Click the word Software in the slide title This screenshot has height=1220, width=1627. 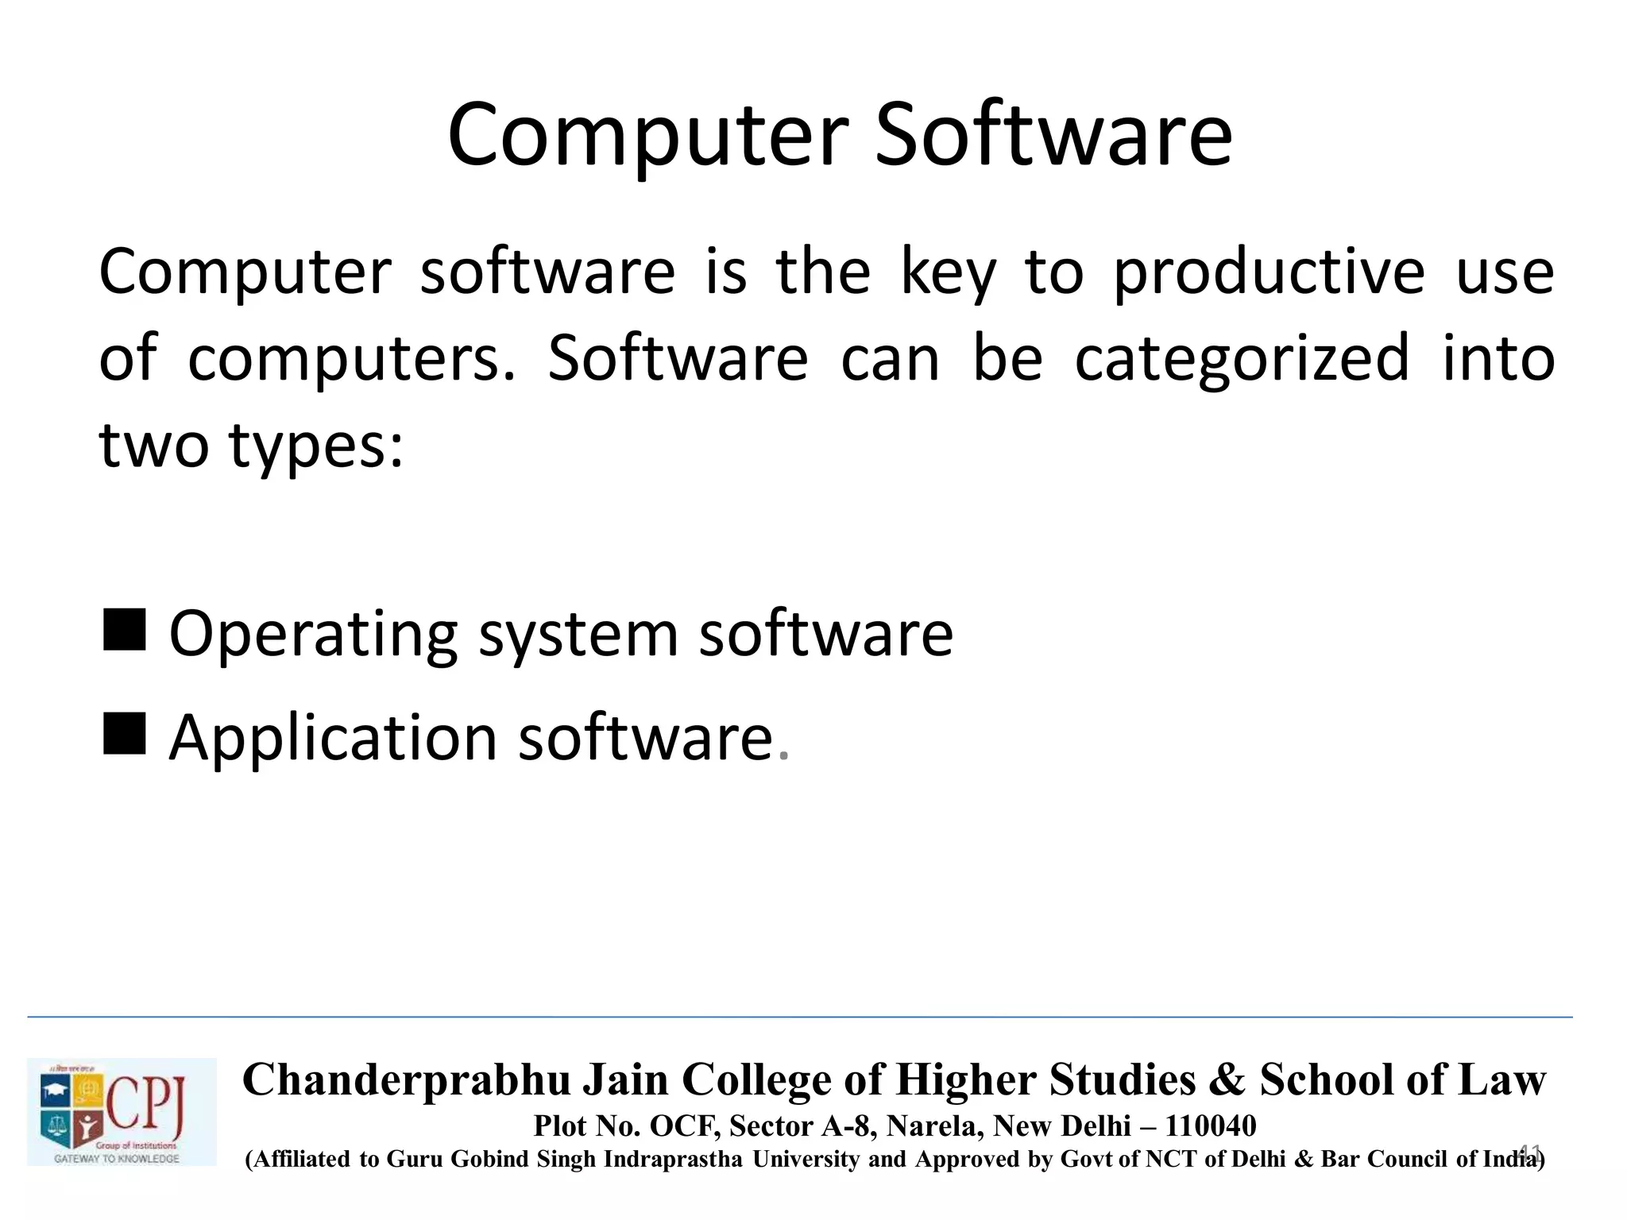tap(1053, 135)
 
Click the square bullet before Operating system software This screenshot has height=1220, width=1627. tap(125, 630)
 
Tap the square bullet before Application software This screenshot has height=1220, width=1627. tap(125, 732)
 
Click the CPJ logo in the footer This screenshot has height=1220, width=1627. tap(122, 1112)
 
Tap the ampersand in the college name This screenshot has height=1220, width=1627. tap(1227, 1080)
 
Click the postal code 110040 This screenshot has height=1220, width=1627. tap(1211, 1125)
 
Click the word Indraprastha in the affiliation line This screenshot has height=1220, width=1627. tap(673, 1160)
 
